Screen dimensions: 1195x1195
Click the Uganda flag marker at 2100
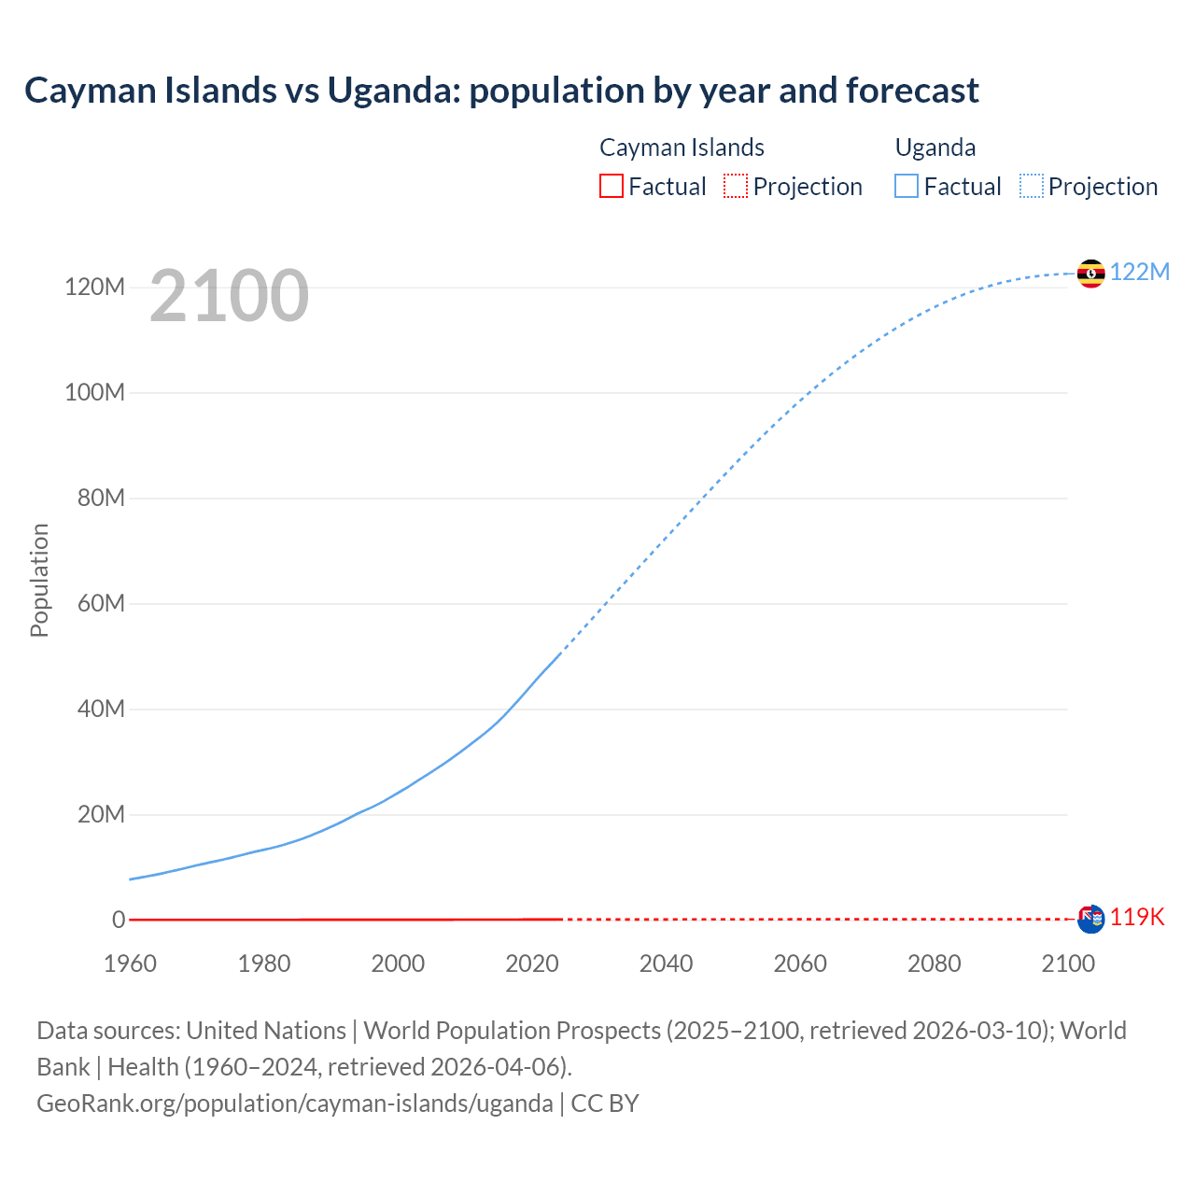[1090, 274]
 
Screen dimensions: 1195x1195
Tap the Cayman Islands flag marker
[1090, 919]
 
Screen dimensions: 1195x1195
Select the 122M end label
[1139, 272]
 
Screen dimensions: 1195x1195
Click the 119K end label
[1137, 917]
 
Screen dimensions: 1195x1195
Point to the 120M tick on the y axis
[94, 287]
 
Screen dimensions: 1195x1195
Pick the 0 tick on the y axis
[119, 920]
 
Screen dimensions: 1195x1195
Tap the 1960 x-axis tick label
[130, 963]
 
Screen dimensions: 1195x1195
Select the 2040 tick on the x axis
[666, 963]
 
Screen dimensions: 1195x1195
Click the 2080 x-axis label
[934, 963]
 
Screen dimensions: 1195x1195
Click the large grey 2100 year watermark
[229, 295]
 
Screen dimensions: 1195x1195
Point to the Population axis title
[39, 580]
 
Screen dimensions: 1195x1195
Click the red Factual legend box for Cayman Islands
[611, 186]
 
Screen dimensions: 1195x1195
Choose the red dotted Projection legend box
[736, 186]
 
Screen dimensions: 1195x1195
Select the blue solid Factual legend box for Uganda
[907, 186]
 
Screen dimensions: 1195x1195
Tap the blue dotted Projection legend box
[1032, 186]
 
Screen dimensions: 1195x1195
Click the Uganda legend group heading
[935, 148]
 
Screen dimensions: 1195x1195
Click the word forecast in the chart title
[912, 91]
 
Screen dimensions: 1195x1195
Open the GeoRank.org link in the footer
[294, 1104]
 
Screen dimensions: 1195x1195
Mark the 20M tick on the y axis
[101, 814]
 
